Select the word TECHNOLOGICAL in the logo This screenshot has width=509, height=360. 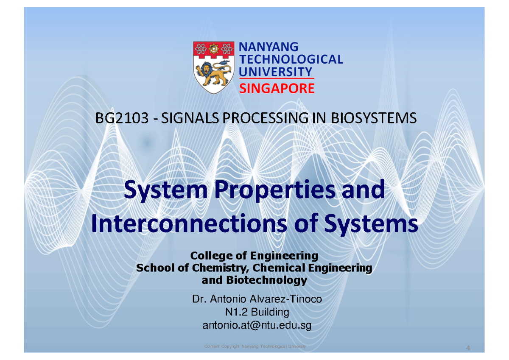[x=291, y=59]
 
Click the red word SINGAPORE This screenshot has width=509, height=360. [x=277, y=89]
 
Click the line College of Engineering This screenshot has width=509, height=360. [x=254, y=256]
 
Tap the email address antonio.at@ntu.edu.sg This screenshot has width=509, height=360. [x=254, y=326]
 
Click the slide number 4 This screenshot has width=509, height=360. [x=468, y=348]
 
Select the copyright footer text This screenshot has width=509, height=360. [x=255, y=347]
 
